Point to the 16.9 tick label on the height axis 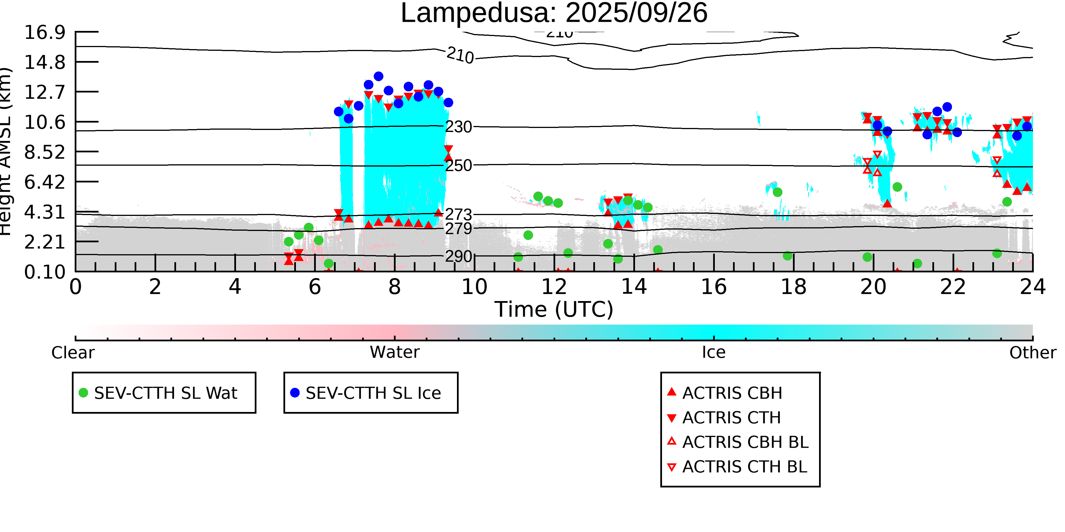click(x=45, y=33)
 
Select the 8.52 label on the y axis click(x=45, y=152)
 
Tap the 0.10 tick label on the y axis click(x=45, y=272)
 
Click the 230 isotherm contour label click(x=458, y=127)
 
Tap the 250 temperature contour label click(x=458, y=166)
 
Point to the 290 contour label click(x=458, y=256)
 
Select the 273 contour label click(x=458, y=215)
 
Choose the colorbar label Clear click(x=73, y=353)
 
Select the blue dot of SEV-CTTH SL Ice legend click(x=295, y=393)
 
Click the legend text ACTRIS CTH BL click(x=744, y=467)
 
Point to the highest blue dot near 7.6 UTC click(x=378, y=76)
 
